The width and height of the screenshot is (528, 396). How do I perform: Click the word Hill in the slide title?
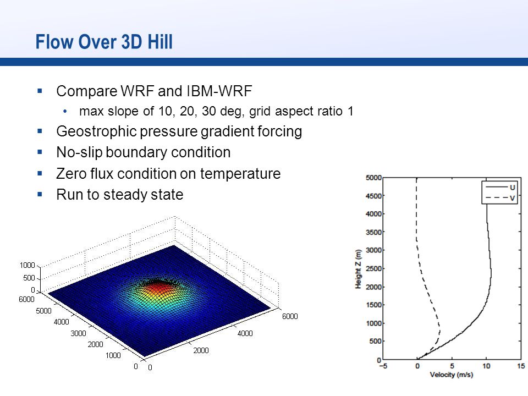(x=160, y=42)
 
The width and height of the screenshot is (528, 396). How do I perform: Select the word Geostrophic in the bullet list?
(x=96, y=131)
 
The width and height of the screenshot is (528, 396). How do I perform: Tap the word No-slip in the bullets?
(x=79, y=152)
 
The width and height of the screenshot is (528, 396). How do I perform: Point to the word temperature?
(x=240, y=174)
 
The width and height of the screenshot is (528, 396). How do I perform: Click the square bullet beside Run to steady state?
(x=40, y=194)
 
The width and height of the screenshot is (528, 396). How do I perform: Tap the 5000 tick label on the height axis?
(x=373, y=178)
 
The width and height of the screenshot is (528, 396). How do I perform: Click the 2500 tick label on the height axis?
(x=373, y=268)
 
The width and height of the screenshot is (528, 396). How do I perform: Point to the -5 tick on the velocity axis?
(x=383, y=366)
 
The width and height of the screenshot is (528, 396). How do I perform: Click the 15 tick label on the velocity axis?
(x=521, y=366)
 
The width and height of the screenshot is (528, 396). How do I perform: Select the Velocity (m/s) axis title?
(x=452, y=375)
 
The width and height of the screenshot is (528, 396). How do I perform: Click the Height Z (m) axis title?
(x=358, y=269)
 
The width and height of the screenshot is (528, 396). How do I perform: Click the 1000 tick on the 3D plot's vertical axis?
(x=28, y=265)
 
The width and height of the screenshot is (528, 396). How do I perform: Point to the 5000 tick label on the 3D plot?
(x=43, y=311)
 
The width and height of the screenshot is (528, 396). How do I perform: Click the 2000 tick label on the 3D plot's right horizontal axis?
(x=201, y=350)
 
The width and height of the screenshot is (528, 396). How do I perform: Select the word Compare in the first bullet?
(x=86, y=91)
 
